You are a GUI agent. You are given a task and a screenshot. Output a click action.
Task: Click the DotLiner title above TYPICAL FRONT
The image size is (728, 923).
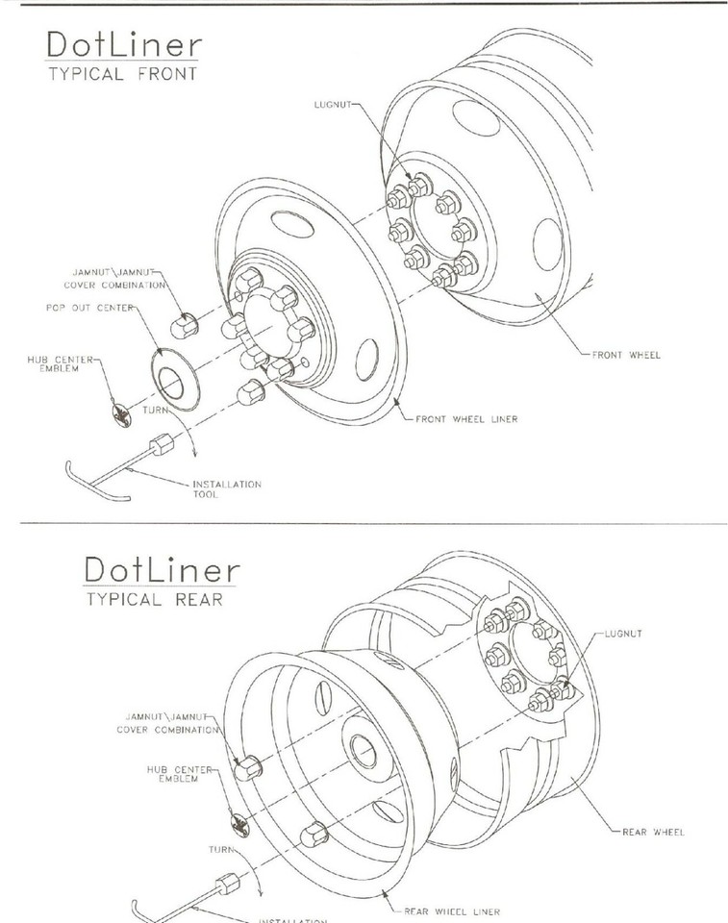[121, 46]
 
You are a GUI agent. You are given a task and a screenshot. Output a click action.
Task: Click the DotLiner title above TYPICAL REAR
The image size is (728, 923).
[162, 570]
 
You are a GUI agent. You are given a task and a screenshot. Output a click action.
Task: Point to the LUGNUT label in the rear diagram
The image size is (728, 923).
[626, 635]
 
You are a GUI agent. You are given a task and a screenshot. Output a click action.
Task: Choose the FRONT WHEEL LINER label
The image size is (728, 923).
[466, 419]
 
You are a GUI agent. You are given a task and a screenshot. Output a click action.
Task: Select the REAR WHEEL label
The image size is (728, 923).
[654, 832]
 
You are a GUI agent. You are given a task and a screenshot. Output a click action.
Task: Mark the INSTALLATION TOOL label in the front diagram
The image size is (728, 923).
[226, 488]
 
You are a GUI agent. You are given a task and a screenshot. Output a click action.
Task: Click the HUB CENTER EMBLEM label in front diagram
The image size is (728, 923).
[62, 362]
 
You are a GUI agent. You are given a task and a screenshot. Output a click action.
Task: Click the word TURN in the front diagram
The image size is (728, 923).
[156, 410]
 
